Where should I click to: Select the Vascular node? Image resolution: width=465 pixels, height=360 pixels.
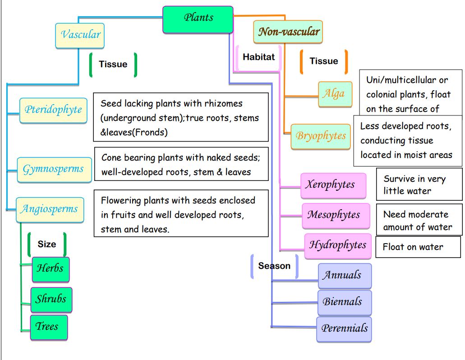click(x=80, y=35)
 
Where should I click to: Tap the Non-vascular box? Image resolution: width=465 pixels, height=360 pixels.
click(x=288, y=32)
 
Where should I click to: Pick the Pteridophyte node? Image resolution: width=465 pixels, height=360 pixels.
click(x=53, y=110)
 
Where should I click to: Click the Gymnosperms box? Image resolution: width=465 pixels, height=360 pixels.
click(x=53, y=170)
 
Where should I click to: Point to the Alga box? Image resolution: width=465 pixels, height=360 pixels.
click(x=335, y=94)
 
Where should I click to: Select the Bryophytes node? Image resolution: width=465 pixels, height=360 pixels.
click(x=320, y=136)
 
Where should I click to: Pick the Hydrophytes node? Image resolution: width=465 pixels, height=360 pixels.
click(x=337, y=245)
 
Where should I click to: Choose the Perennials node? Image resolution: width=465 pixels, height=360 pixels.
click(x=344, y=328)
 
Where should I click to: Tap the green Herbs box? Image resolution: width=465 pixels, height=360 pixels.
click(x=50, y=269)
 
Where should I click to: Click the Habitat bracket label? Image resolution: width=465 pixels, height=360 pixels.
click(x=258, y=57)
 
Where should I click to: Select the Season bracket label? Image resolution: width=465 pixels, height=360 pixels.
click(x=274, y=266)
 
